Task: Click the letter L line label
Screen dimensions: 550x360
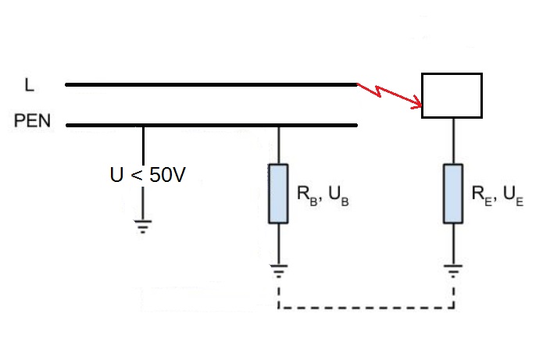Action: coord(29,85)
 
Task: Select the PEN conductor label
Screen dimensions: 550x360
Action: coord(32,120)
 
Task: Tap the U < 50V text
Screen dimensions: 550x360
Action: coord(148,175)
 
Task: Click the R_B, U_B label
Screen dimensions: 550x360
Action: coord(323,195)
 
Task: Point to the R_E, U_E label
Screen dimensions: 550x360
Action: coord(498,195)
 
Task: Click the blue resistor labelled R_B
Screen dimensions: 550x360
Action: coord(278,194)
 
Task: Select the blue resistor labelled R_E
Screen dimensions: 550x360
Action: coord(453,194)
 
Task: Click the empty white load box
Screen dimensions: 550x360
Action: coord(452,96)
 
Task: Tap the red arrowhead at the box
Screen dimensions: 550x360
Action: coord(417,102)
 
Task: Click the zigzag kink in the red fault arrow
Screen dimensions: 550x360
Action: coord(378,91)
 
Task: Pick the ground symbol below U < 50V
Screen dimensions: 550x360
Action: coord(143,226)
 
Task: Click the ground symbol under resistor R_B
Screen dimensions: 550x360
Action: coord(278,271)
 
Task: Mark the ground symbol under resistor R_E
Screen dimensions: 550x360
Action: coord(453,271)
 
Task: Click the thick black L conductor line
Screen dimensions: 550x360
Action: coord(211,85)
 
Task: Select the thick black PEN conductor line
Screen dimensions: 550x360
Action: coord(212,125)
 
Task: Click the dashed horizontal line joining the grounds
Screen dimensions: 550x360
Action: coord(366,308)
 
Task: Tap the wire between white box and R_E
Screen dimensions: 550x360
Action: coord(453,141)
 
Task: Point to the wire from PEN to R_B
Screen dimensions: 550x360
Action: coord(279,145)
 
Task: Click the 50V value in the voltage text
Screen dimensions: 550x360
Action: coord(167,175)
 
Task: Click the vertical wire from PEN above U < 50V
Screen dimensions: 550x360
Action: coord(143,144)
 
